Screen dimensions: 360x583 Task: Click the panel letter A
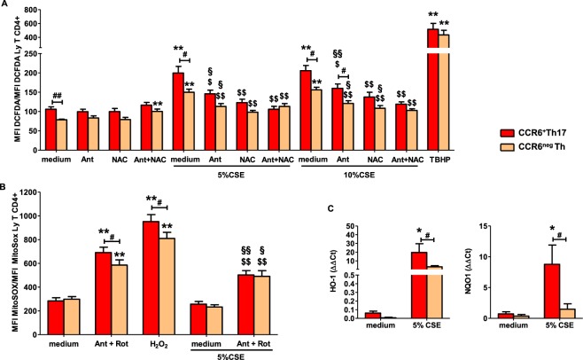click(5, 5)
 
